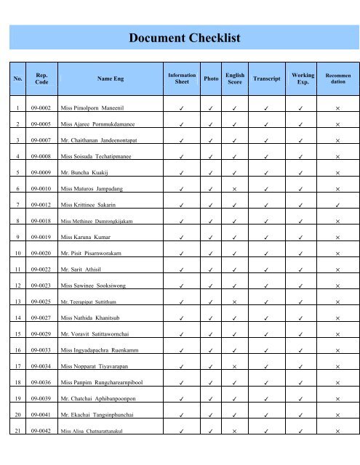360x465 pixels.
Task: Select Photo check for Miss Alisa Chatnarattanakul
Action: click(212, 431)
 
